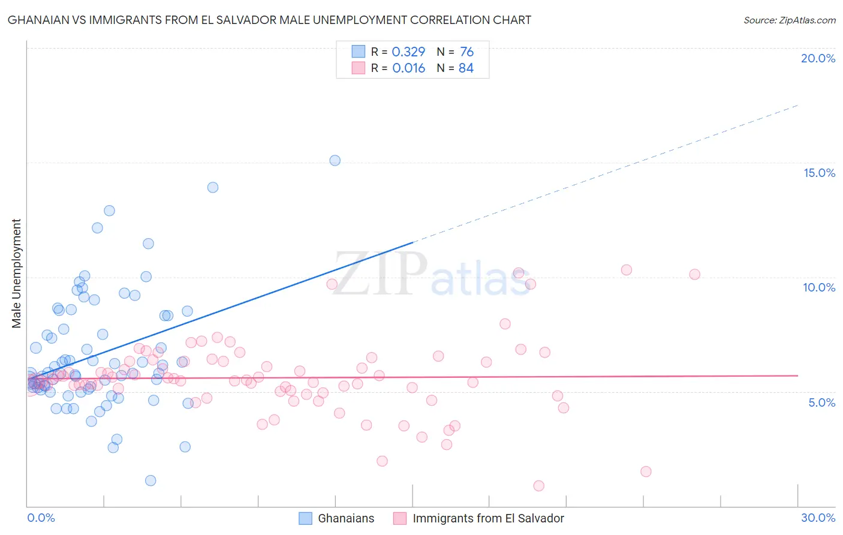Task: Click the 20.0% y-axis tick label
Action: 818,58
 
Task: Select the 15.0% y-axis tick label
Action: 819,173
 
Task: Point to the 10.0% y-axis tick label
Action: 819,287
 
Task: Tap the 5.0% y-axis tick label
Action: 821,402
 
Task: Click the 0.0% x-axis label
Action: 41,518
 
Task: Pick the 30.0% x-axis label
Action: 818,518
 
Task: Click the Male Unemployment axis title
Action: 16,273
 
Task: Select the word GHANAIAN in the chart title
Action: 40,20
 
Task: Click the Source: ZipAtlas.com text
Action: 789,20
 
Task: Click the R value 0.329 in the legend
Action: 408,52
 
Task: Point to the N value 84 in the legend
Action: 466,68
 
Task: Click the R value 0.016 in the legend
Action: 408,68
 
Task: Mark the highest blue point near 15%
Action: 335,160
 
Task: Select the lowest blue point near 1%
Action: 150,480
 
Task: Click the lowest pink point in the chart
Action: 538,486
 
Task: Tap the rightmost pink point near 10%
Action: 694,274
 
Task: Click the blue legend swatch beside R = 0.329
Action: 358,52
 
